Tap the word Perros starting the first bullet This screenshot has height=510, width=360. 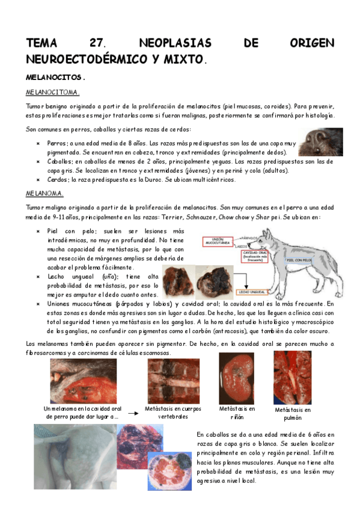click(58, 144)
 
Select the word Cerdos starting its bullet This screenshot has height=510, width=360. click(59, 179)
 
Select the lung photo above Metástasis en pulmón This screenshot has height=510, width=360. click(292, 378)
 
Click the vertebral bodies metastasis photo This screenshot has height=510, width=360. click(173, 380)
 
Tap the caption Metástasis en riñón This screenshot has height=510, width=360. click(237, 413)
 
